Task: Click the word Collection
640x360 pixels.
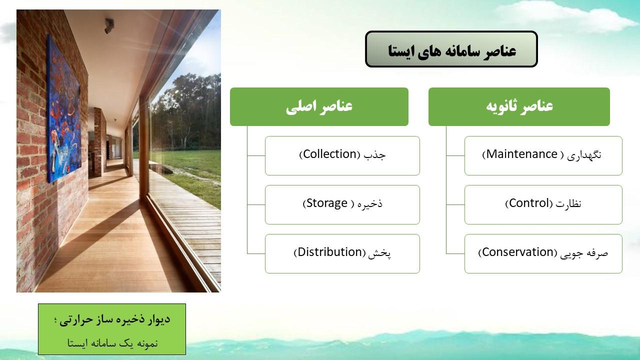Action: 329,154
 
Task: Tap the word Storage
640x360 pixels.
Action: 327,203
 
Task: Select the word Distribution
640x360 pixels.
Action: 330,252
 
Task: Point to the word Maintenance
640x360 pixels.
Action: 521,154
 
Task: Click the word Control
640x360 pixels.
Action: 529,203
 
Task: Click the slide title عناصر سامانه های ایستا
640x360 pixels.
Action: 451,50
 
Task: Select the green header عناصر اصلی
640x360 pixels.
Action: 319,106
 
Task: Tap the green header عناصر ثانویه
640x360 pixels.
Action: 519,106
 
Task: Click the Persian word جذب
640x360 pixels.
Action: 374,155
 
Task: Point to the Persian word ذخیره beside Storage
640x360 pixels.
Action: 370,204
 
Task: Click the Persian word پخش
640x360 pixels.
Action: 379,253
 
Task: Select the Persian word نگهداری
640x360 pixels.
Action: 584,155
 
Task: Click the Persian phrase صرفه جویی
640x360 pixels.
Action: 583,253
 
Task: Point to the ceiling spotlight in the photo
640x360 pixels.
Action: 109,25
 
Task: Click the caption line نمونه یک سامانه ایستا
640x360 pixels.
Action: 112,343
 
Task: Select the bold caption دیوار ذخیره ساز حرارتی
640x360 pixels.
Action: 115,319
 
